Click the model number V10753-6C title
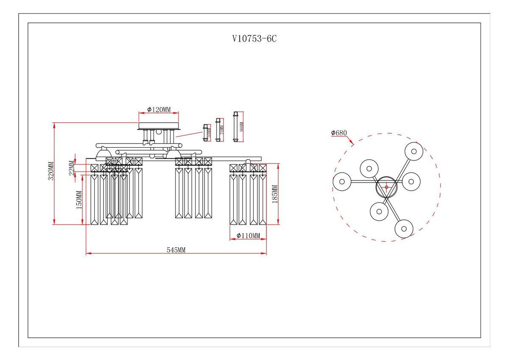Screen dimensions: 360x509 click(255, 39)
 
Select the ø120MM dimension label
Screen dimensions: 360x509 click(159, 110)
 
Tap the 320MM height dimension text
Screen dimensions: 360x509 click(51, 172)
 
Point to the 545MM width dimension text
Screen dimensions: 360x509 click(176, 250)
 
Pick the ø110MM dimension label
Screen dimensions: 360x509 click(248, 236)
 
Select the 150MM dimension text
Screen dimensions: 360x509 click(78, 200)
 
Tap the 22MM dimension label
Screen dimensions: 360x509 click(72, 168)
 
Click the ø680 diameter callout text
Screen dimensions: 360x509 click(339, 133)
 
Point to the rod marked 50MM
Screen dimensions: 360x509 click(206, 133)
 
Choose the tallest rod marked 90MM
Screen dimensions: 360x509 click(236, 127)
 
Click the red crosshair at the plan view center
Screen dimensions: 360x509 click(386, 187)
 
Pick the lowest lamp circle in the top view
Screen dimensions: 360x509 click(403, 228)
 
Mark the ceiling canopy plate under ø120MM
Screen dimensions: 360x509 click(159, 126)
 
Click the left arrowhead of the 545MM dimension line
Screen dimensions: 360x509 click(87, 254)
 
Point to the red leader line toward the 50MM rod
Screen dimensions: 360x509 click(189, 134)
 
